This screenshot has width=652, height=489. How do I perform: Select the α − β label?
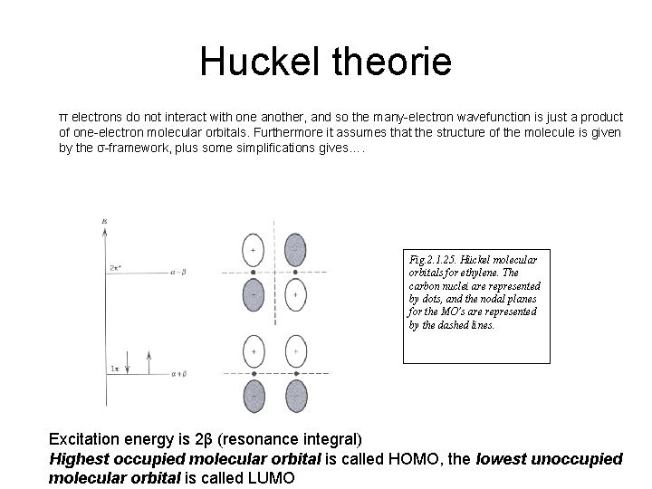178,270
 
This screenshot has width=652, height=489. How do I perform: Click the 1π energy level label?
115,369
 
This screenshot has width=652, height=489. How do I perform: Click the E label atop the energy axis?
105,220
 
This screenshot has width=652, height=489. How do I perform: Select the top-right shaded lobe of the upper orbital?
294,248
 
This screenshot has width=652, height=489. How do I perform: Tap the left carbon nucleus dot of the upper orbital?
252,271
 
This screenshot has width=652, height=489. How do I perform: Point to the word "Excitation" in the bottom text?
91,439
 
